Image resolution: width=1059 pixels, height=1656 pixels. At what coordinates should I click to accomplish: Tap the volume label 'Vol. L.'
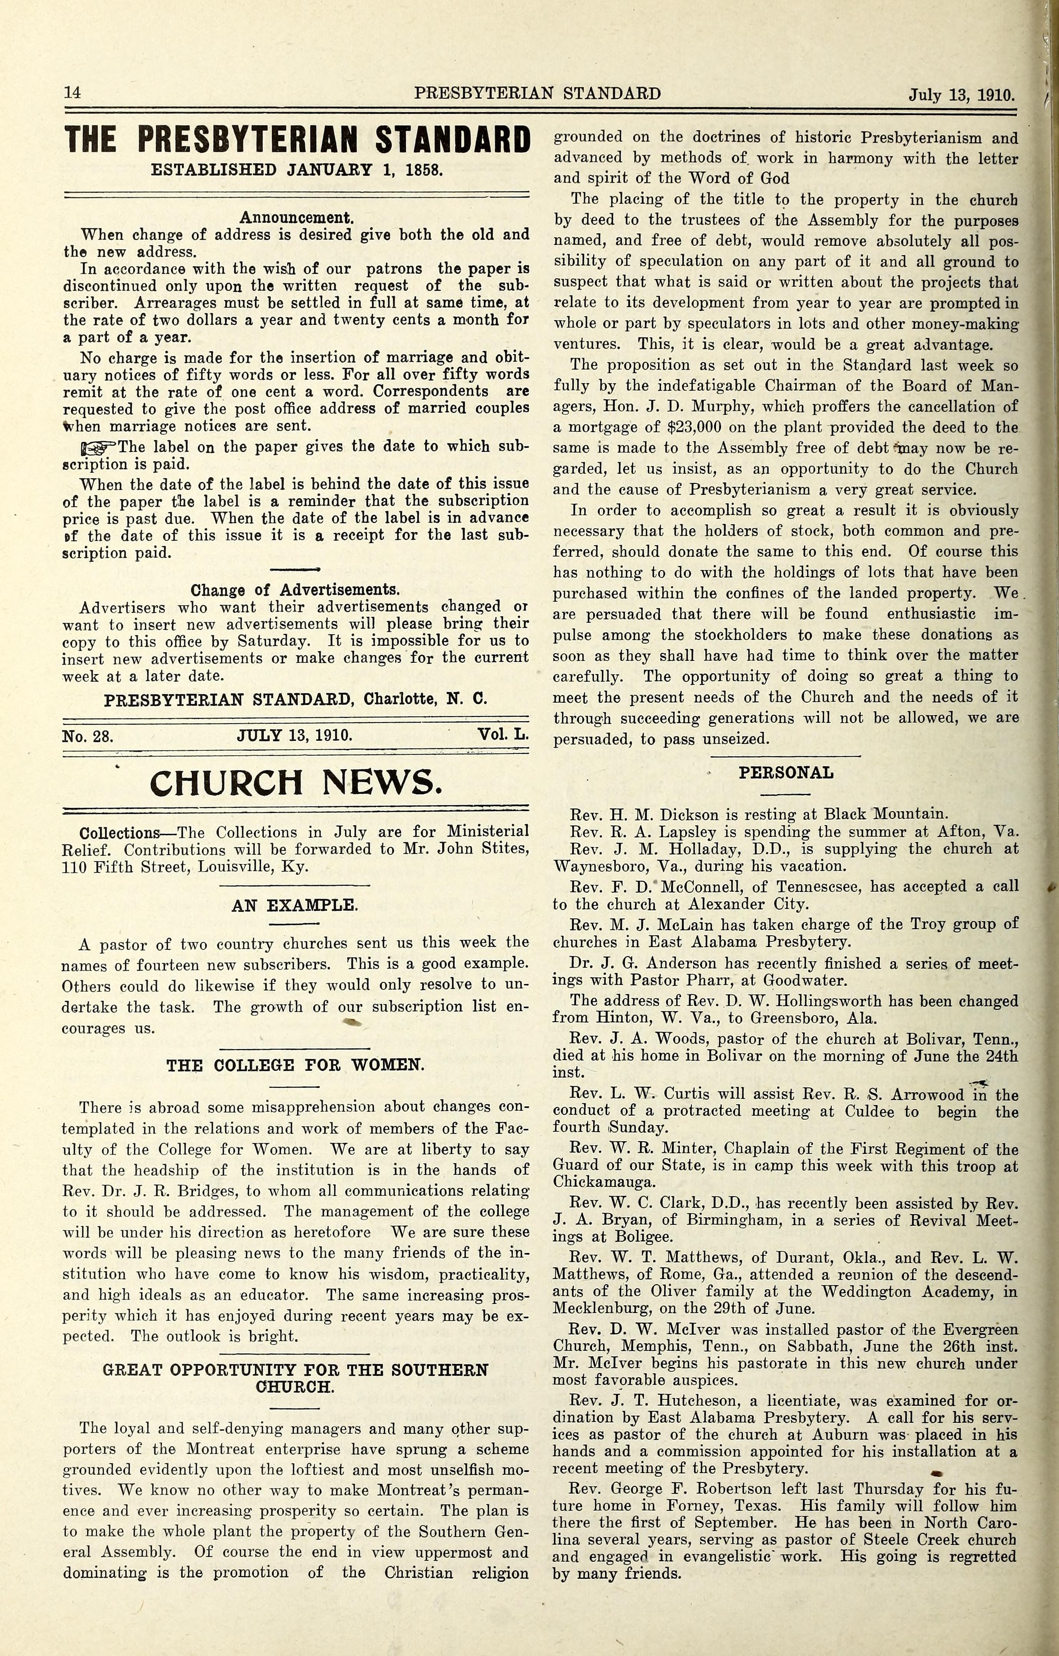[x=503, y=735]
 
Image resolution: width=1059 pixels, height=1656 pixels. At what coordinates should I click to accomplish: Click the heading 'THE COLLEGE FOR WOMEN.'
[x=295, y=1065]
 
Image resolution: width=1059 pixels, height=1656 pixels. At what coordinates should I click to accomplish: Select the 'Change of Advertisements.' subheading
[x=295, y=590]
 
